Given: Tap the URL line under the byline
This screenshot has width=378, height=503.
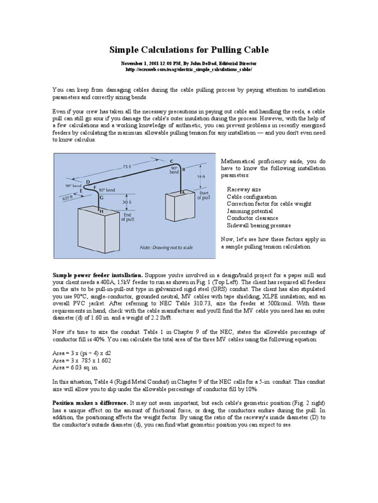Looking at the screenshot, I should tap(189, 70).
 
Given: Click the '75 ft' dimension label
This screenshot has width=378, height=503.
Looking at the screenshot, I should tap(127, 167).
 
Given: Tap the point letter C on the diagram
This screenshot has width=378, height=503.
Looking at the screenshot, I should tap(171, 161).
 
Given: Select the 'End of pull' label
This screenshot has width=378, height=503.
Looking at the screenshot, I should tap(127, 217).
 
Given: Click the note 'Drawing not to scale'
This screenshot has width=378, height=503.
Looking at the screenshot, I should tap(165, 248).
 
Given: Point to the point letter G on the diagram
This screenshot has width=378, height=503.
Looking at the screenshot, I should tap(101, 197).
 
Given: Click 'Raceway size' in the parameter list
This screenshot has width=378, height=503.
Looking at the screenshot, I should tap(244, 189).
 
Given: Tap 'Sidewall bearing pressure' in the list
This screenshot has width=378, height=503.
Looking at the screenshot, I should tap(258, 225).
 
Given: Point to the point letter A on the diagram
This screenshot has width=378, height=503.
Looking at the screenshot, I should tap(183, 193).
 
